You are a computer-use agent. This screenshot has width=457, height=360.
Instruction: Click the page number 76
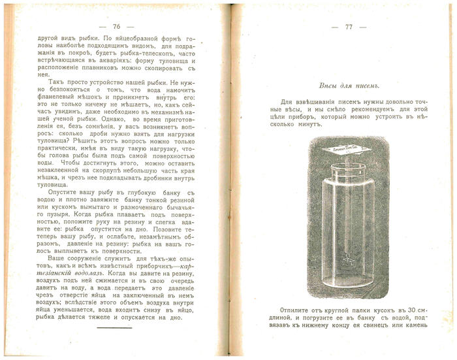[x=117, y=27]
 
